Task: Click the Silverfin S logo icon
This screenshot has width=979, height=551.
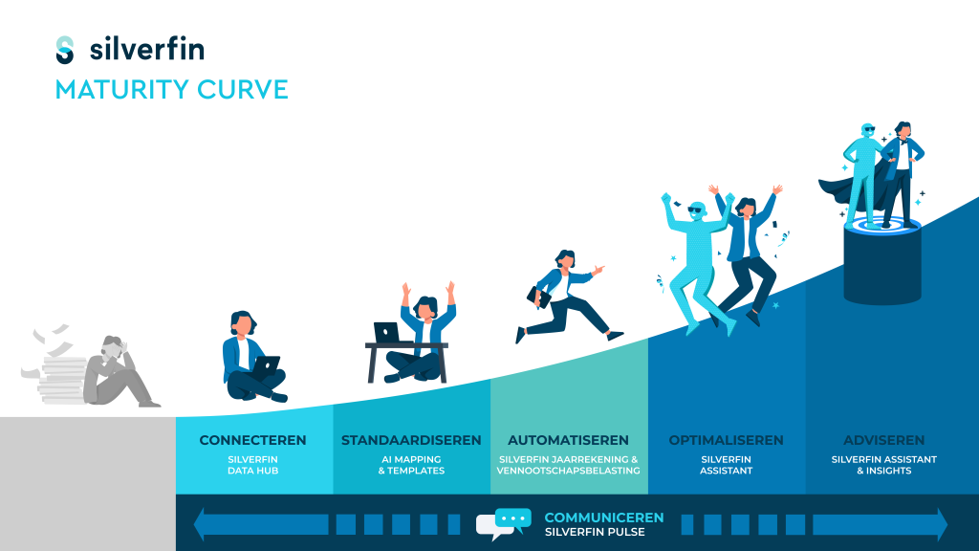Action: [x=65, y=50]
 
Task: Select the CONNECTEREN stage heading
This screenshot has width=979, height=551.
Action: [x=252, y=440]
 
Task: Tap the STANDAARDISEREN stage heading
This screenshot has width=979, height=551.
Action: [x=411, y=440]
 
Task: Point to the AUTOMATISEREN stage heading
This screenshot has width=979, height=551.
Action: [x=568, y=440]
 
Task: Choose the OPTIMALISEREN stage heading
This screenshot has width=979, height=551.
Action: [x=727, y=440]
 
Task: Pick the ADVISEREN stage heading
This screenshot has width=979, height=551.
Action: [x=884, y=440]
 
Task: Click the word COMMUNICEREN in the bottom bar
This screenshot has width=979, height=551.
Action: [x=604, y=518]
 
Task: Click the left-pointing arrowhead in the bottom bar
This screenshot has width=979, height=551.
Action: [x=199, y=524]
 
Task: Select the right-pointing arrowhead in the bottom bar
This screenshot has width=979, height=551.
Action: [x=942, y=524]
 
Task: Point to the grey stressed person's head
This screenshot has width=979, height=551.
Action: [x=114, y=347]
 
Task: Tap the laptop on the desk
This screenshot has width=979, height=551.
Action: [x=386, y=332]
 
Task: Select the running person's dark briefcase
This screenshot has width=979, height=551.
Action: [x=538, y=297]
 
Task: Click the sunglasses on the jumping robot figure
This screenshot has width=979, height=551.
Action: [x=695, y=209]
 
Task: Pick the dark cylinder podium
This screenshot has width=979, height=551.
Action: [x=882, y=262]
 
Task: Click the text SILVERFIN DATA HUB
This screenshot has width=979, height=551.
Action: [x=252, y=465]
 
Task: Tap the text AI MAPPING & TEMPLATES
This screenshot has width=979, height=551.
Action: [x=411, y=465]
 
